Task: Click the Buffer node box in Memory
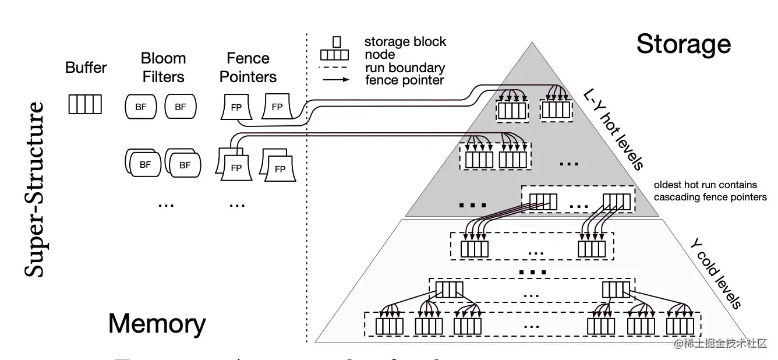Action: pyautogui.click(x=85, y=104)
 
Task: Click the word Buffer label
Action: pyautogui.click(x=86, y=68)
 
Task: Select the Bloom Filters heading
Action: pyautogui.click(x=163, y=68)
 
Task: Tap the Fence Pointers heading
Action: pyautogui.click(x=248, y=68)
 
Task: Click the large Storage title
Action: pyautogui.click(x=683, y=44)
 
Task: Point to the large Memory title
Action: pyautogui.click(x=157, y=324)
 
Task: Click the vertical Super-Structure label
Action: pyautogui.click(x=36, y=189)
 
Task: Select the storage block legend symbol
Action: pyautogui.click(x=337, y=42)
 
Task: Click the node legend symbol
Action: pyautogui.click(x=335, y=55)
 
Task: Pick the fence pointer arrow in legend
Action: pyautogui.click(x=335, y=80)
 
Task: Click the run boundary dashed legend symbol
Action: pyautogui.click(x=335, y=68)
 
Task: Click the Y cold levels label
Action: pyautogui.click(x=715, y=273)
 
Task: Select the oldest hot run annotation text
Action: pyautogui.click(x=710, y=191)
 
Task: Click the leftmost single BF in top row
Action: pyautogui.click(x=141, y=107)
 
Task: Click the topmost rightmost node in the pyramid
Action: pyautogui.click(x=556, y=110)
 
